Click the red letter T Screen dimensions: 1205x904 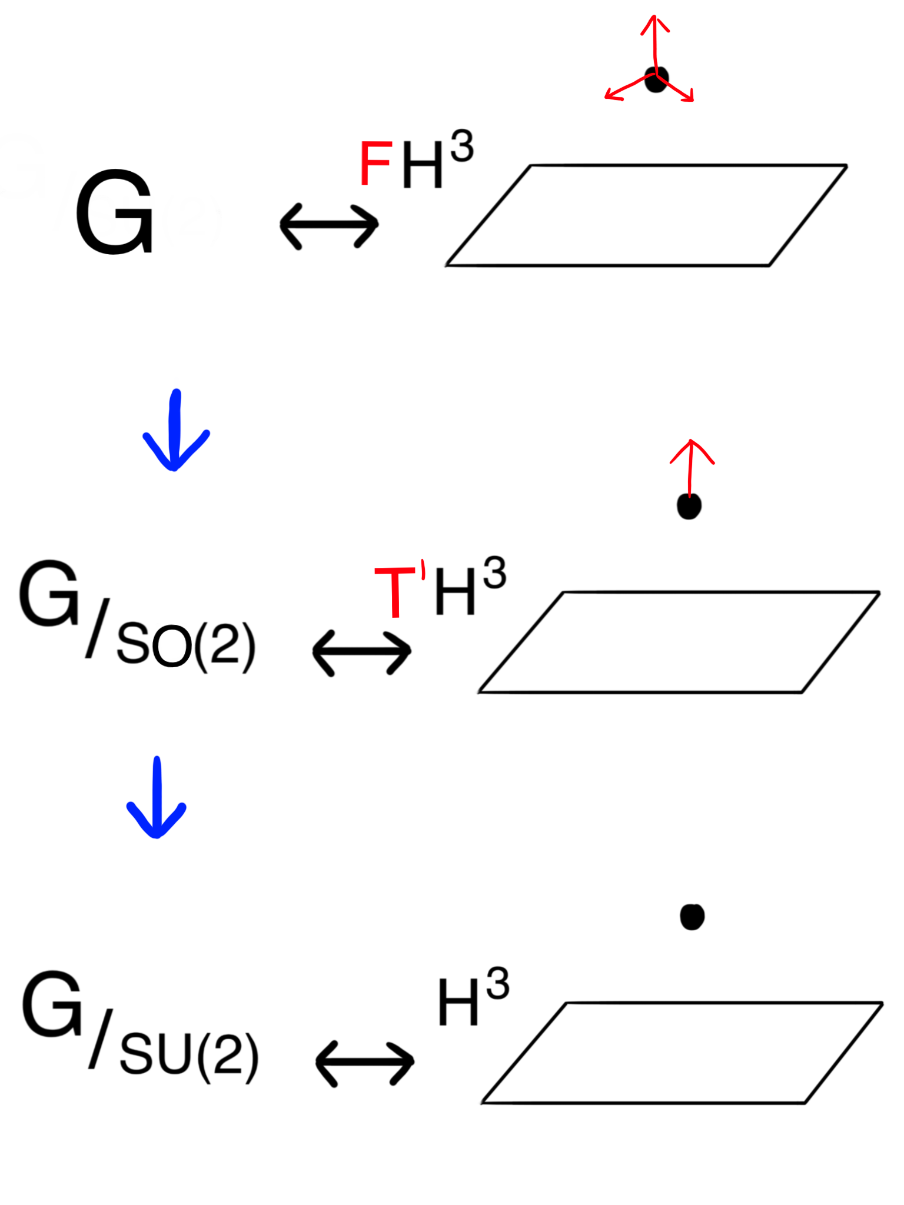pyautogui.click(x=395, y=591)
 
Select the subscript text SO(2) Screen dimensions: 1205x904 pyautogui.click(x=186, y=645)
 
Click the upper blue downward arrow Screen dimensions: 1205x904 pyautogui.click(x=175, y=432)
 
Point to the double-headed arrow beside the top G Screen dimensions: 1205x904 pyautogui.click(x=329, y=226)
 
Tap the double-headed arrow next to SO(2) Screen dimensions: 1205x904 pyautogui.click(x=361, y=653)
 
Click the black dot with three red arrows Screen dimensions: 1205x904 pyautogui.click(x=657, y=79)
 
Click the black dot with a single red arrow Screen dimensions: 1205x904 pyautogui.click(x=689, y=506)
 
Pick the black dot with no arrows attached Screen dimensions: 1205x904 pyautogui.click(x=692, y=917)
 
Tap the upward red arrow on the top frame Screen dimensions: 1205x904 pyautogui.click(x=654, y=41)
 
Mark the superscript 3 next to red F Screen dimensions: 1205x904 pyautogui.click(x=462, y=147)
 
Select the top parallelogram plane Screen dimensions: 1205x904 pyautogui.click(x=646, y=215)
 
